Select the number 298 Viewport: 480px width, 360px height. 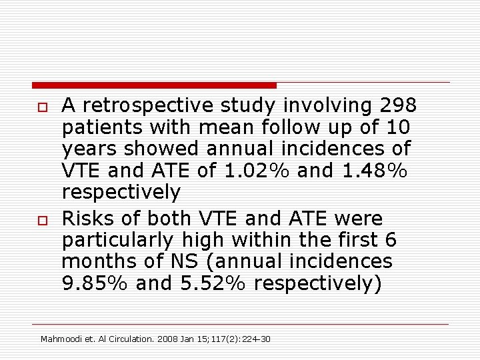pyautogui.click(x=399, y=105)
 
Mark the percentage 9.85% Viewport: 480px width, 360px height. pyautogui.click(x=95, y=283)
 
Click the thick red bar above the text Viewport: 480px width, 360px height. pyautogui.click(x=154, y=85)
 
